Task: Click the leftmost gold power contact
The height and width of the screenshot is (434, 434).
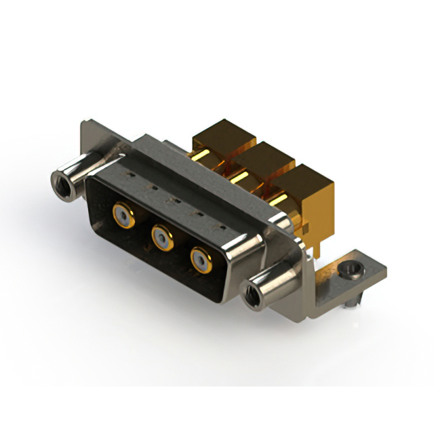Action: coord(122,216)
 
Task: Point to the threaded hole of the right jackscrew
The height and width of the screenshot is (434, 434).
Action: coord(250,294)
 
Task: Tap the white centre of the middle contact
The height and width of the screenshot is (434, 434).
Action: coord(161,237)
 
